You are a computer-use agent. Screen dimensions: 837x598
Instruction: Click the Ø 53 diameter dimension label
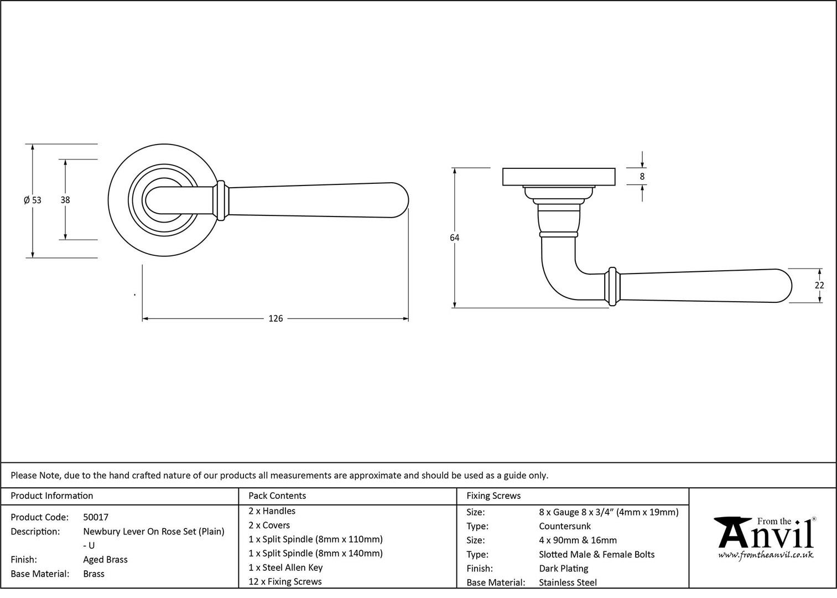click(33, 200)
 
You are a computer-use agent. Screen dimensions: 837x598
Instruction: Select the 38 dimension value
click(65, 200)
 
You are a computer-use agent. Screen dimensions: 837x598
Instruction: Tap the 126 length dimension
click(275, 318)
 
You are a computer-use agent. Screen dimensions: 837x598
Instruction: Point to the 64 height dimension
click(454, 238)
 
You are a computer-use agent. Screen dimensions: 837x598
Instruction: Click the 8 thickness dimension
click(642, 177)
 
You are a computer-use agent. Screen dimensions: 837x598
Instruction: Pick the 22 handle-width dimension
click(819, 285)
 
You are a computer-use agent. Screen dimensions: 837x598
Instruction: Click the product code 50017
click(96, 517)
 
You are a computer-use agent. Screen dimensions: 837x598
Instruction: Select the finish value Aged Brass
click(105, 559)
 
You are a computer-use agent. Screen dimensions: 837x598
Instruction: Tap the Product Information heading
click(52, 496)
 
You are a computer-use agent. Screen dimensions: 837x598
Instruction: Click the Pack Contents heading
click(277, 496)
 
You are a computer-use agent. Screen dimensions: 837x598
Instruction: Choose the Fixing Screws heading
click(493, 496)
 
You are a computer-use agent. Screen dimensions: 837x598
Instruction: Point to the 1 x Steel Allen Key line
click(286, 568)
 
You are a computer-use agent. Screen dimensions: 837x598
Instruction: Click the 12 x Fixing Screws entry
click(285, 581)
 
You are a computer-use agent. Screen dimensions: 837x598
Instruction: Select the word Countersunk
click(565, 526)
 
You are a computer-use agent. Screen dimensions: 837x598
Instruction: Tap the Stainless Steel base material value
click(568, 582)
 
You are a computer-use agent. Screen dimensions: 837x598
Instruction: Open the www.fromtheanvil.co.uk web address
click(766, 555)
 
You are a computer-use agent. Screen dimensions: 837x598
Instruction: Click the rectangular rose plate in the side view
click(559, 177)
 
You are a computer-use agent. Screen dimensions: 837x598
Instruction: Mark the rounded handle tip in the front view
click(400, 200)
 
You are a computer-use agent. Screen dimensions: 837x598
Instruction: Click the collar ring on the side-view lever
click(612, 286)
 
